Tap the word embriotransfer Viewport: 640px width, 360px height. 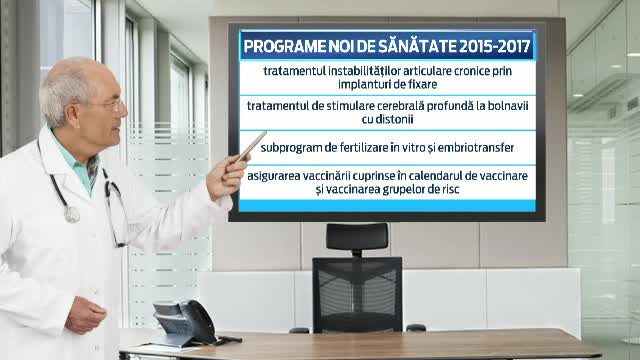[472, 148]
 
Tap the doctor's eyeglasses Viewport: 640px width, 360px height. [107, 104]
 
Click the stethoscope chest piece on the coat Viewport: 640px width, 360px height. [71, 214]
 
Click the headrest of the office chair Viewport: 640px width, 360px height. [357, 237]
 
